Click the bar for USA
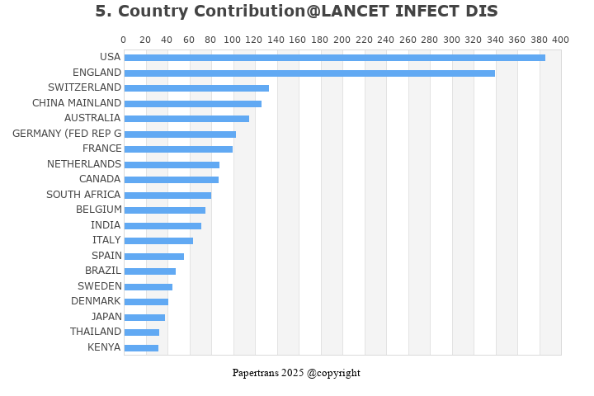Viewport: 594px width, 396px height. click(x=334, y=58)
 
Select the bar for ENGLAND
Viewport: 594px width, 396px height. click(x=309, y=73)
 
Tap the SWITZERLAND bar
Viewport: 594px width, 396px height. click(x=196, y=88)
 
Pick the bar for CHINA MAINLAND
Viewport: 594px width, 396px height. click(x=192, y=104)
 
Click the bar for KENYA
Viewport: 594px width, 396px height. click(x=141, y=348)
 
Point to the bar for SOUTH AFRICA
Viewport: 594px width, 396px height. click(x=167, y=196)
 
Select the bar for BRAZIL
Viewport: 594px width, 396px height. click(x=149, y=271)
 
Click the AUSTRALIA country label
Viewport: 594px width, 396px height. click(x=92, y=118)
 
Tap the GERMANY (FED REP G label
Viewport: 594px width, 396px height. click(x=67, y=134)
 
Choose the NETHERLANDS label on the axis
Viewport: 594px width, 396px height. click(x=84, y=164)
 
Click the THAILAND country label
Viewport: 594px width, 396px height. click(x=96, y=332)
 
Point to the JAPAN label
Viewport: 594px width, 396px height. click(x=106, y=317)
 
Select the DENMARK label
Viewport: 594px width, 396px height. click(x=96, y=301)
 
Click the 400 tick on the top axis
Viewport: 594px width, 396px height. click(x=560, y=40)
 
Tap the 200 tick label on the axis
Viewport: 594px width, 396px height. click(x=342, y=40)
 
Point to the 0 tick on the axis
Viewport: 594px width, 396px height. click(x=124, y=40)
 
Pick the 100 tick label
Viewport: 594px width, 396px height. click(x=233, y=40)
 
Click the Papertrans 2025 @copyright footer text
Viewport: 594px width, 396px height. click(x=296, y=373)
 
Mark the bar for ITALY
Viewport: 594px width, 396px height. click(x=158, y=241)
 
